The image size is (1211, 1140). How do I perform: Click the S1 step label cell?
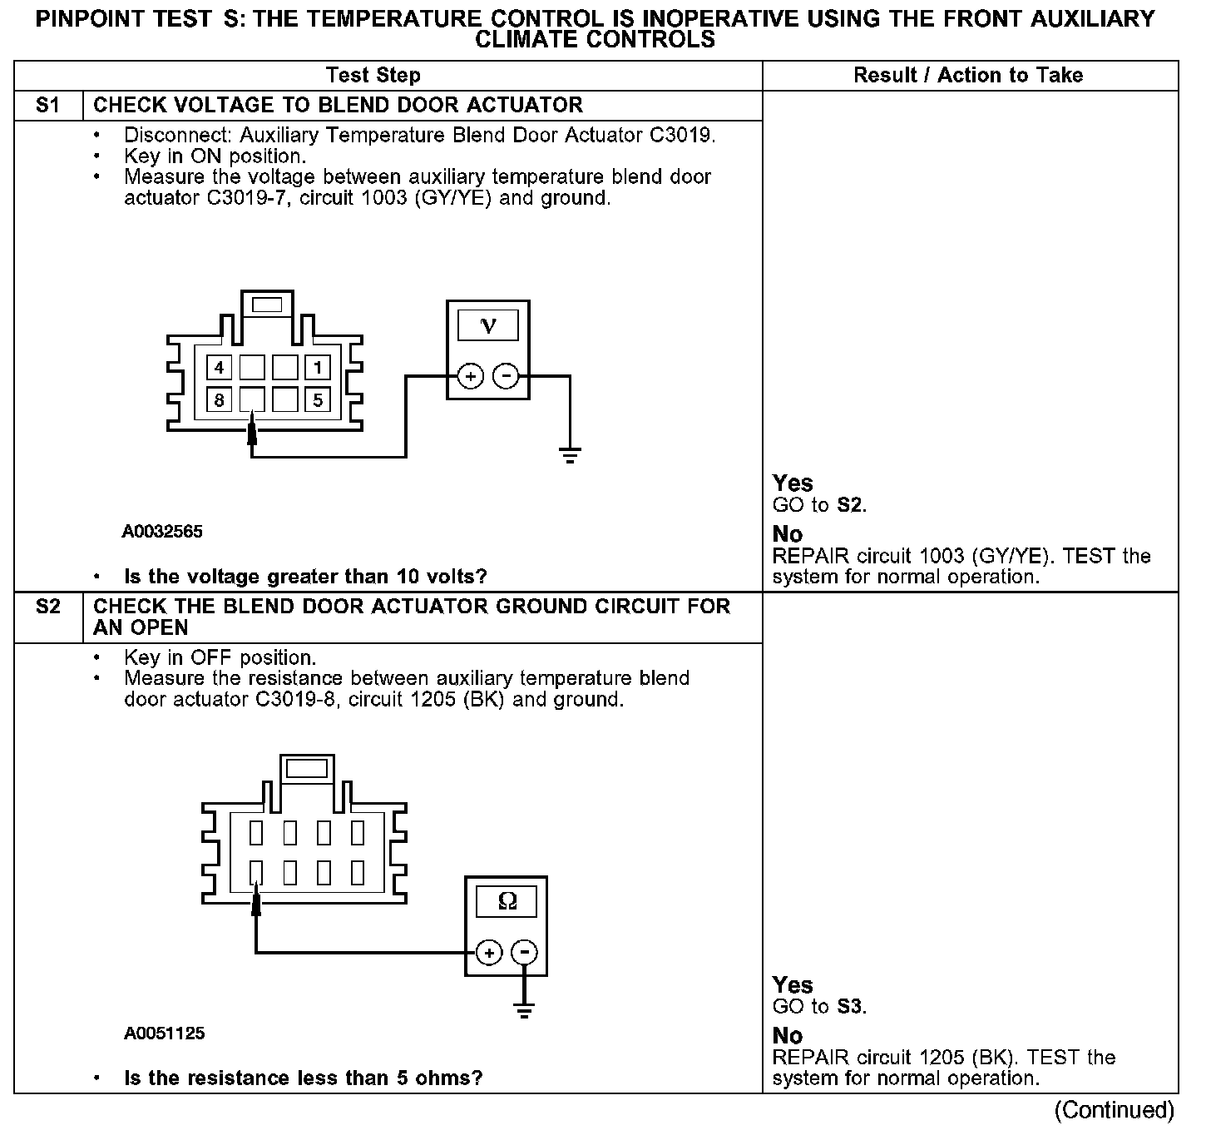[x=48, y=106]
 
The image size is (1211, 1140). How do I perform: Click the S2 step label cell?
[x=48, y=607]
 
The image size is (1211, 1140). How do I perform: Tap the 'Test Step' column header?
[x=373, y=75]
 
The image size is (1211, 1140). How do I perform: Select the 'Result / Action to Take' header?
[x=968, y=75]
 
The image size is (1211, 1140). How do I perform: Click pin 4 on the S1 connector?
[x=219, y=368]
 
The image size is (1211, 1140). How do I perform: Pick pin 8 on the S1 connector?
[x=219, y=400]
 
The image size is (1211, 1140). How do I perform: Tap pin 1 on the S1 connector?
[x=318, y=368]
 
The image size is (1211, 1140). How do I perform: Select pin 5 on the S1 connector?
[x=318, y=400]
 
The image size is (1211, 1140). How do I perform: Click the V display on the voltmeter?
[x=488, y=325]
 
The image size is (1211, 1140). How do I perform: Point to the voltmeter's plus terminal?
[x=471, y=377]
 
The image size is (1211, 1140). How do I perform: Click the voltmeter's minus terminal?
[x=506, y=377]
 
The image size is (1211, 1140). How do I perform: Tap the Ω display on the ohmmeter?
[x=506, y=901]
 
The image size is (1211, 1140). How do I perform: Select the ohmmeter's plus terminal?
[x=489, y=953]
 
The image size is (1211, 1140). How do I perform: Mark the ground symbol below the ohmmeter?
[x=524, y=1012]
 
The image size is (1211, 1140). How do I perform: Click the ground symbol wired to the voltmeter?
[x=570, y=455]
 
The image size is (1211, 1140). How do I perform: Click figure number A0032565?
[x=162, y=531]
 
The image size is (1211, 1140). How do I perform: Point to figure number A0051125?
[x=165, y=1033]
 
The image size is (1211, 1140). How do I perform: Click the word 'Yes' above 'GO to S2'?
[x=793, y=483]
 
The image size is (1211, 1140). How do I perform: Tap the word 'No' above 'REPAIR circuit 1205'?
[x=788, y=1036]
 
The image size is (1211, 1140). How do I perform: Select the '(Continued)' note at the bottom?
[x=1114, y=1110]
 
